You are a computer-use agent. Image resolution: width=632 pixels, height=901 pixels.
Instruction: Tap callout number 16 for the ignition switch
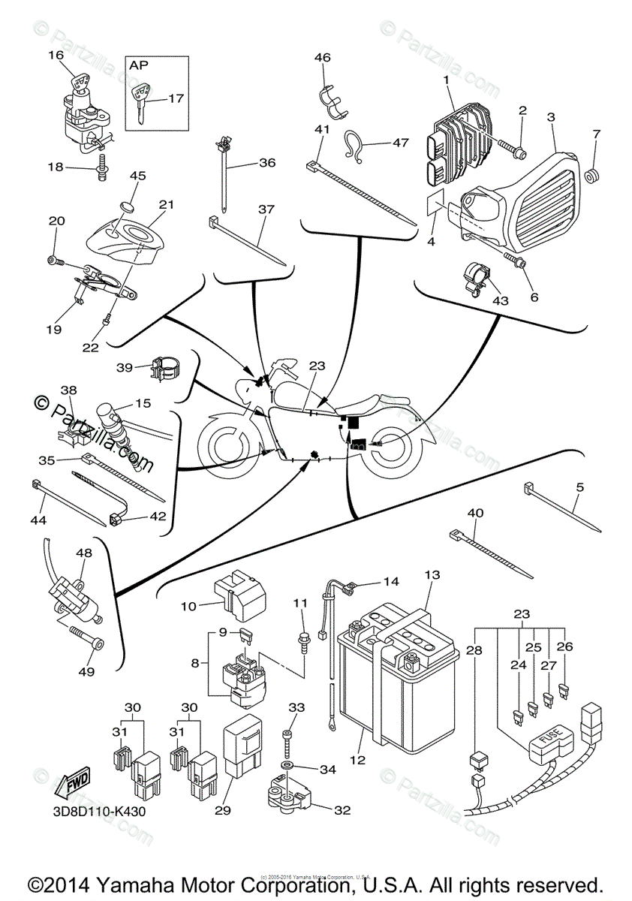pos(57,55)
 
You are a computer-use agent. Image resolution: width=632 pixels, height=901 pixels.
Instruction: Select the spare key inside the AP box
pos(141,102)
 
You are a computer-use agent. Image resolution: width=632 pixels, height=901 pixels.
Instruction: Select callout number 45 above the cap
pos(137,176)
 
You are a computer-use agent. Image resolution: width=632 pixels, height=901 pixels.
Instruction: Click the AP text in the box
pos(139,65)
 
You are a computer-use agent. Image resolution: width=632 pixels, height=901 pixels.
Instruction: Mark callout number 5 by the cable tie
pos(579,487)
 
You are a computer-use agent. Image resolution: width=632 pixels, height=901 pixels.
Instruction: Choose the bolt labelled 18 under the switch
pos(101,172)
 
